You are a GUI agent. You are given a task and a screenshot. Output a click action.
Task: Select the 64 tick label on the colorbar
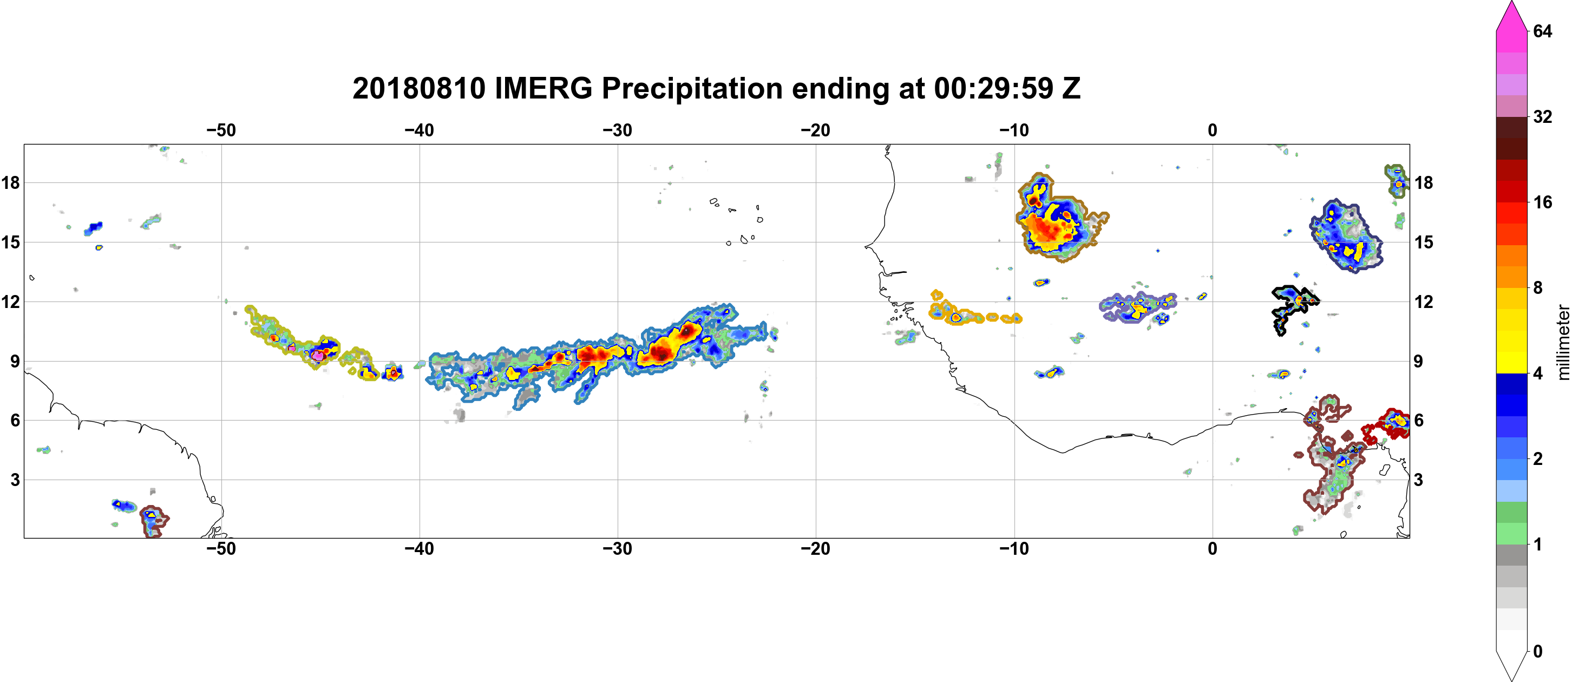(1543, 30)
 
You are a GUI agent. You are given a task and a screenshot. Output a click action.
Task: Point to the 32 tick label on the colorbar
(1543, 116)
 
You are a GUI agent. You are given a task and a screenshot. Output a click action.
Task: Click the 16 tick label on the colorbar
(1543, 202)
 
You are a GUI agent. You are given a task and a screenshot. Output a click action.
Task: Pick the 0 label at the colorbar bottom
(1538, 651)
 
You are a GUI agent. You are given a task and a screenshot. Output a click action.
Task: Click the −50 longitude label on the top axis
(221, 130)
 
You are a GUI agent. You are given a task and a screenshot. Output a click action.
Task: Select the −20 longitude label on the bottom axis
(816, 548)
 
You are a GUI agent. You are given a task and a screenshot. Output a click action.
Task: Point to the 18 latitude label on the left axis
(11, 182)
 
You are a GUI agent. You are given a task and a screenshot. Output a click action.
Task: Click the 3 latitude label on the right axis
(1418, 480)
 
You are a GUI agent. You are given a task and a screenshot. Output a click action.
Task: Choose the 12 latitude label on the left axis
(11, 301)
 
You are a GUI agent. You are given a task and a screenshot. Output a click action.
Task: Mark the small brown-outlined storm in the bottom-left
(153, 522)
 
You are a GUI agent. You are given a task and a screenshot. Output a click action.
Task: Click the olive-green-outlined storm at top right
(1397, 181)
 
